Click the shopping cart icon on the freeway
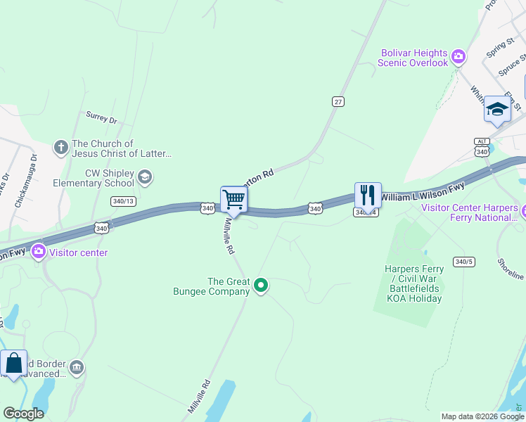[x=233, y=199]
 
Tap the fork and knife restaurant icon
[x=368, y=195]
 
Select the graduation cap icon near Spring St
[x=497, y=109]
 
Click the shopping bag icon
[x=13, y=364]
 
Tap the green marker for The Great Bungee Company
[x=261, y=285]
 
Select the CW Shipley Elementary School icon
[x=145, y=177]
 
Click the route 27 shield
[x=338, y=102]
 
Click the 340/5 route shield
[x=463, y=262]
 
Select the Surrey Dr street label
[x=101, y=117]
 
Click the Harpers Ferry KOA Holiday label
[x=413, y=283]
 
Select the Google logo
[x=23, y=413]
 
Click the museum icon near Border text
[x=77, y=367]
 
